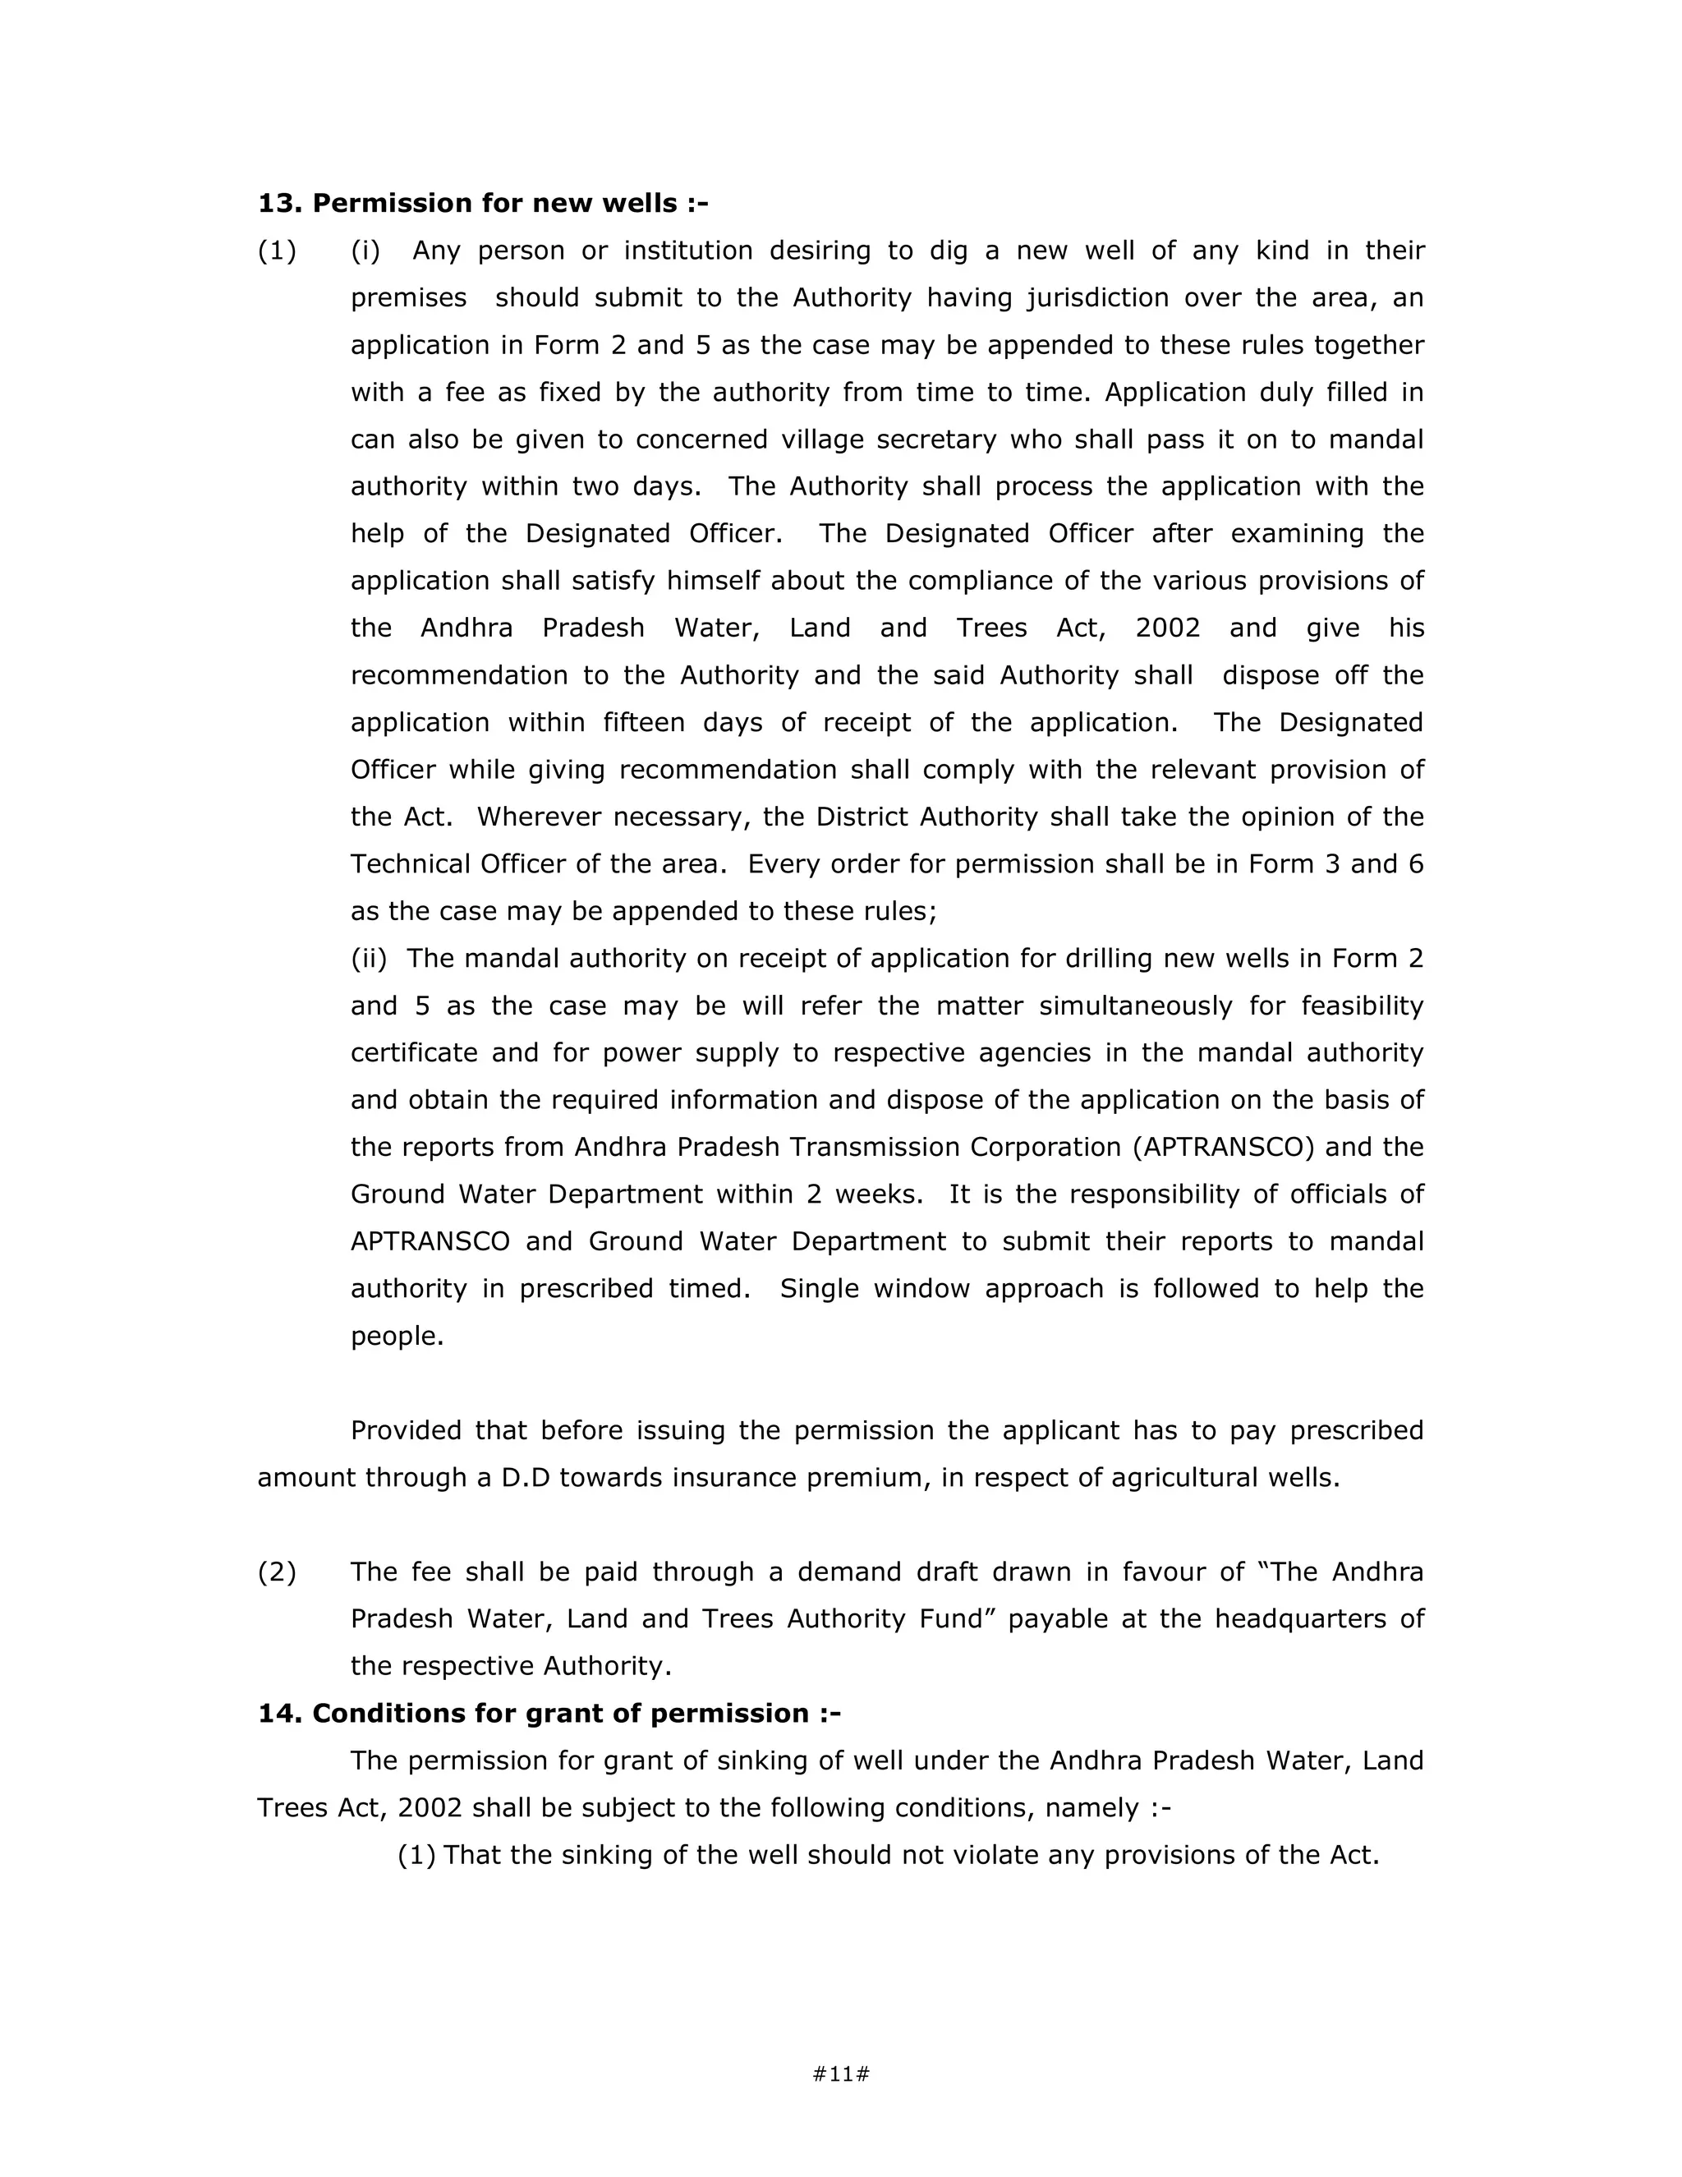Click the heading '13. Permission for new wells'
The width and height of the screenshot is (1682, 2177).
[x=482, y=204]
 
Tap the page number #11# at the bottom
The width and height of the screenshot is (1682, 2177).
[x=841, y=2074]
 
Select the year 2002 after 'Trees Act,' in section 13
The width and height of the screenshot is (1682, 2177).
[x=1167, y=628]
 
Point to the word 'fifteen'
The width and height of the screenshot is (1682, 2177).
[x=643, y=723]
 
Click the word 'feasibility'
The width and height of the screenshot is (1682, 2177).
[x=1363, y=1006]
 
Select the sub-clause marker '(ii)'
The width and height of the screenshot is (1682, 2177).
[x=369, y=959]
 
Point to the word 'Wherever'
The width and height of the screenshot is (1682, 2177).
[x=538, y=817]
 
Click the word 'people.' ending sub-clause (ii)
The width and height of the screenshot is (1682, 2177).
[x=397, y=1336]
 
